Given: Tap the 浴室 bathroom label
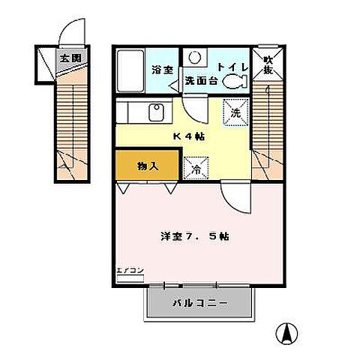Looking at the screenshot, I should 161,69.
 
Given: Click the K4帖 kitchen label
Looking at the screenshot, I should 189,136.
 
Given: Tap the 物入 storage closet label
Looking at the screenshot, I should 148,165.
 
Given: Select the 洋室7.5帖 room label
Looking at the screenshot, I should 194,235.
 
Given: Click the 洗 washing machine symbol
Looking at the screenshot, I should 235,113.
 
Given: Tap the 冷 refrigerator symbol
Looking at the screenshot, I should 196,169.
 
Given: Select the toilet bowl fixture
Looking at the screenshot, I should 239,80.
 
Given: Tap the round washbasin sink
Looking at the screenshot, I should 193,56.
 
